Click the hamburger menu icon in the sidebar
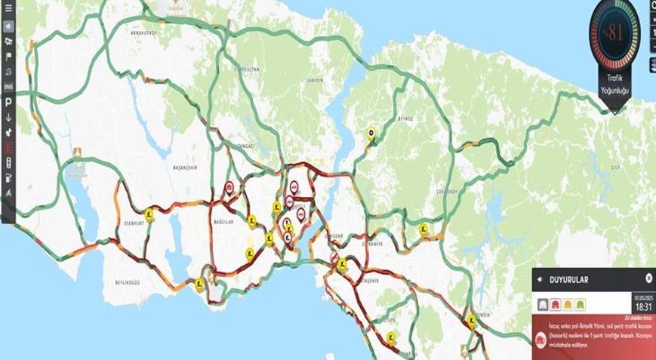click(x=8, y=8)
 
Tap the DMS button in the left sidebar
click(x=8, y=86)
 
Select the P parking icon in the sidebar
click(x=8, y=102)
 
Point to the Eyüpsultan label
click(x=246, y=69)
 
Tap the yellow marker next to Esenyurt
click(x=149, y=214)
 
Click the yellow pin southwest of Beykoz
click(x=371, y=134)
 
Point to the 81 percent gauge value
click(x=614, y=32)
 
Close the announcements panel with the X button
click(x=648, y=278)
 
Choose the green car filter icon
click(x=581, y=304)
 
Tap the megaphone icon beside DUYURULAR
click(x=540, y=279)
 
